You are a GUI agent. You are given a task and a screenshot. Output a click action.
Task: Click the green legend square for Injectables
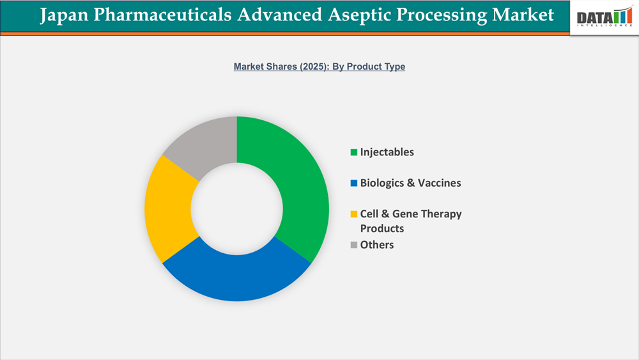coord(353,153)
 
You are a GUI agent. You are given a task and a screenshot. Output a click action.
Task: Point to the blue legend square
coord(353,184)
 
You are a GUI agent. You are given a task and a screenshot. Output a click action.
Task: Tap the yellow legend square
coord(353,214)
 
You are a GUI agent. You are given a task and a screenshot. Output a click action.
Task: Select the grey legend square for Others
coord(353,245)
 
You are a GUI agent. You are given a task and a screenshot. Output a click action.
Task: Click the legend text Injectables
coord(387,152)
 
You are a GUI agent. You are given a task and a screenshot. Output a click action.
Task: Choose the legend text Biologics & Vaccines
coord(410,183)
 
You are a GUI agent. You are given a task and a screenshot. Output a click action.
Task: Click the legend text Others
coord(377,244)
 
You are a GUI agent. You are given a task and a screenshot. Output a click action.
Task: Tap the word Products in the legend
coord(381,228)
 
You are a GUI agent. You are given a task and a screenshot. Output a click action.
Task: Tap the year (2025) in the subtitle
coord(311,67)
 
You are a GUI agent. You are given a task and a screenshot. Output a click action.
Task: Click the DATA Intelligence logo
coord(603,18)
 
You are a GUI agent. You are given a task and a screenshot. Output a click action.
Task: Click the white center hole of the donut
coord(236,208)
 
